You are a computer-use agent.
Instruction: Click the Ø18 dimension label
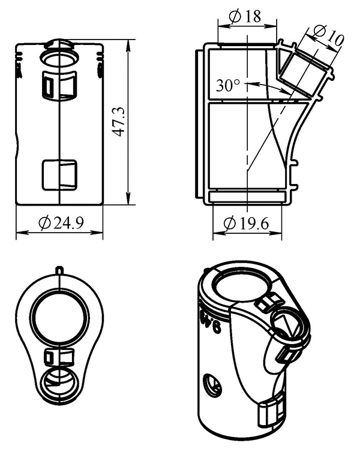[x=245, y=17]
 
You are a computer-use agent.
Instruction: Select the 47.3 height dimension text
[x=119, y=122]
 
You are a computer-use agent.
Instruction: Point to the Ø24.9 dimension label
[x=61, y=223]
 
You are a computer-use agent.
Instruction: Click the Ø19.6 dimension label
[x=246, y=224]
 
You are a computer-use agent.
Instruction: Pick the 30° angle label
[x=228, y=85]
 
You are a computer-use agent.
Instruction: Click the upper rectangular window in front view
[x=59, y=86]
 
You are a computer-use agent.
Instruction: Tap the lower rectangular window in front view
[x=59, y=175]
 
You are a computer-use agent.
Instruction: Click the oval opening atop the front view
[x=59, y=58]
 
